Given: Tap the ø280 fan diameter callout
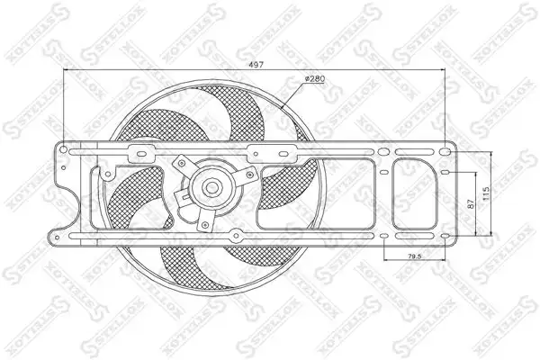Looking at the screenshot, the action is pos(315,79).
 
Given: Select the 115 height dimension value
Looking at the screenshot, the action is pos(486,193).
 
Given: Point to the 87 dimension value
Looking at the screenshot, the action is pos(471,203).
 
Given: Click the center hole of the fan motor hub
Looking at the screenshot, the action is pos(211,187).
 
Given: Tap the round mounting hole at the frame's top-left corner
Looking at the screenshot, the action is pos(63,149).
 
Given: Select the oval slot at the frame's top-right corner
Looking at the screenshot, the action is pos(445,151).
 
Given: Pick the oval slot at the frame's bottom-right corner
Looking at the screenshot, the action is pos(445,236).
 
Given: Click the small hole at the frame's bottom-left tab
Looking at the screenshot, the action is pos(57,237).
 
